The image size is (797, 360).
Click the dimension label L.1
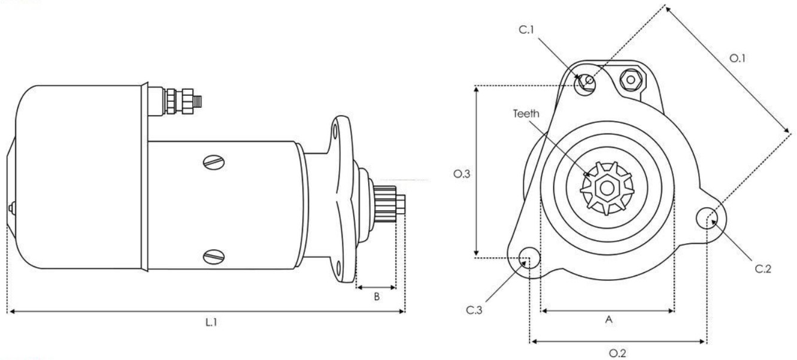(x=211, y=322)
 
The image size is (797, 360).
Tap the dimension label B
(x=377, y=297)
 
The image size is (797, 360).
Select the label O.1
(x=737, y=58)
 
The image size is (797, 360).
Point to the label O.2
(x=617, y=353)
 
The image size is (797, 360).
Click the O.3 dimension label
(x=462, y=174)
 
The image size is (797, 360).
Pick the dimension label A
(x=609, y=319)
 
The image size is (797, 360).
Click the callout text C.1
(x=526, y=30)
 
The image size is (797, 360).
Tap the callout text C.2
(x=763, y=269)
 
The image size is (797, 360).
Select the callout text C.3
(x=474, y=310)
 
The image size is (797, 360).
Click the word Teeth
(x=526, y=114)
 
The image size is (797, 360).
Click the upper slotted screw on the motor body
(x=214, y=162)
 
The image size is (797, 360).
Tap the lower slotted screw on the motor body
(x=214, y=257)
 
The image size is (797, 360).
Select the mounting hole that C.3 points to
(x=529, y=258)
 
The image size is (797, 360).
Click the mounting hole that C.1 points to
(x=585, y=84)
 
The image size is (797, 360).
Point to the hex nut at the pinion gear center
(x=607, y=188)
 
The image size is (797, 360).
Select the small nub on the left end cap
(x=13, y=208)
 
